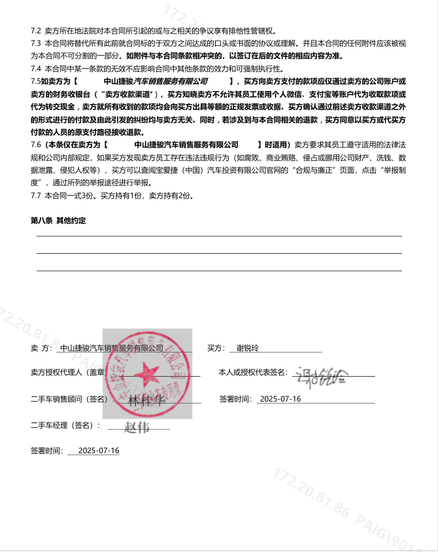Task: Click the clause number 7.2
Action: (36, 31)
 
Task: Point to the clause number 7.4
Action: (36, 69)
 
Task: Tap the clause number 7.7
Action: (36, 196)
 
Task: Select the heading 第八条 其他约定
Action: (58, 221)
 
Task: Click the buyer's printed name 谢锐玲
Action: (247, 348)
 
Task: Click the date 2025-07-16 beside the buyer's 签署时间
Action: (280, 399)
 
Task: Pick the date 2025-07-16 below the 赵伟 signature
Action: (98, 451)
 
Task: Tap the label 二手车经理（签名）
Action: (65, 426)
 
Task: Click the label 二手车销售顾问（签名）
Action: (69, 399)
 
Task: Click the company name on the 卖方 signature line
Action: (111, 348)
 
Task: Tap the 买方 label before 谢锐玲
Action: (216, 348)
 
